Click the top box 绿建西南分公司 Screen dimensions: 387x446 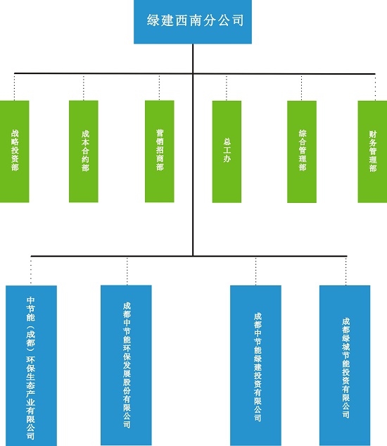pyautogui.click(x=193, y=22)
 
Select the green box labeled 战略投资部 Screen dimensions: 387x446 pyautogui.click(x=15, y=151)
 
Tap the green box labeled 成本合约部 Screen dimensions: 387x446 pyautogui.click(x=84, y=151)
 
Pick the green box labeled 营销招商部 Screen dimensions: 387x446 pyautogui.click(x=160, y=151)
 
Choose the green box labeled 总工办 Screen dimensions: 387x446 pyautogui.click(x=227, y=151)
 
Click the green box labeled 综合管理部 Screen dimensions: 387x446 pyautogui.click(x=302, y=151)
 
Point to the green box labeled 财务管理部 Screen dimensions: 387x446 pyautogui.click(x=372, y=151)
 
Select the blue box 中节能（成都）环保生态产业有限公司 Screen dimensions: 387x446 pyautogui.click(x=31, y=366)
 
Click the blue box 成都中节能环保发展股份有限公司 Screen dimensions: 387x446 pyautogui.click(x=126, y=365)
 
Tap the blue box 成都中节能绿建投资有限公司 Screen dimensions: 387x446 pyautogui.click(x=255, y=366)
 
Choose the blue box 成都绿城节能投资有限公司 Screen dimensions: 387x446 pyautogui.click(x=345, y=366)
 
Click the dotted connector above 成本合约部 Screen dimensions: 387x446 pyautogui.click(x=84, y=87)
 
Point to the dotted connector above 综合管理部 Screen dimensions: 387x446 pyautogui.click(x=301, y=87)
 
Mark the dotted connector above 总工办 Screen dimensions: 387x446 pyautogui.click(x=227, y=87)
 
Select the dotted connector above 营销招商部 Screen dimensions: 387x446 pyautogui.click(x=160, y=87)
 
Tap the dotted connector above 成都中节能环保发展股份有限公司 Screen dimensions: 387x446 pyautogui.click(x=127, y=271)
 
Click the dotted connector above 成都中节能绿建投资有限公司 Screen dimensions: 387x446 pyautogui.click(x=255, y=271)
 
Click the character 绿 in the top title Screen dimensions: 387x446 pyautogui.click(x=153, y=20)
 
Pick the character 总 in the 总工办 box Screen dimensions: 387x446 pyautogui.click(x=227, y=142)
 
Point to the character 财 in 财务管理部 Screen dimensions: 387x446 pyautogui.click(x=372, y=135)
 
